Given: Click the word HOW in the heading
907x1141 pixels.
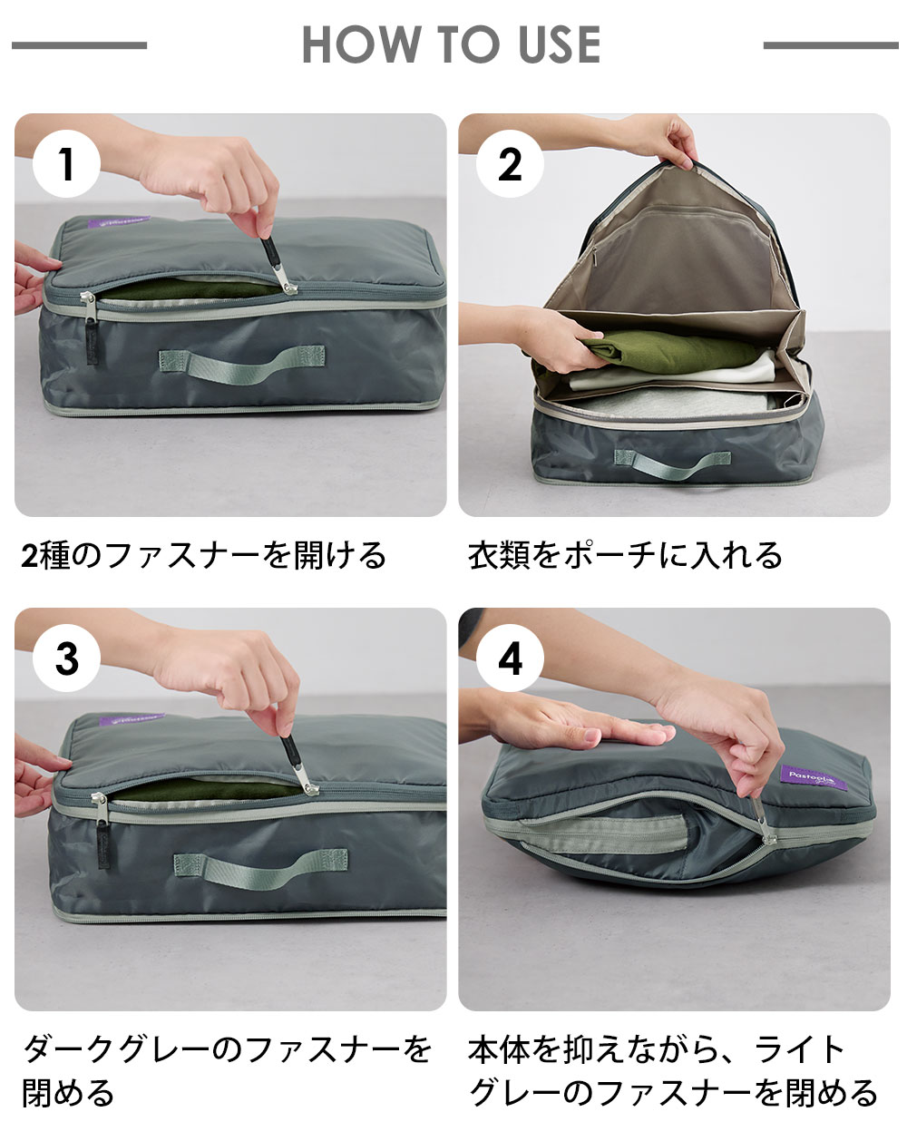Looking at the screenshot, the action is point(362,44).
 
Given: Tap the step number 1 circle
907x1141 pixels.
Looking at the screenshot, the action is point(66,164).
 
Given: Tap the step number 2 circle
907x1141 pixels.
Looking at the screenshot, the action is point(510,164).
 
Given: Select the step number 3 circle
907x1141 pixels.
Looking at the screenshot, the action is point(66,658).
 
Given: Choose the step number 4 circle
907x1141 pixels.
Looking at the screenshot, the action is point(510,658).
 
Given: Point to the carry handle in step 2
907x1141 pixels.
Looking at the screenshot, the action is point(672,463).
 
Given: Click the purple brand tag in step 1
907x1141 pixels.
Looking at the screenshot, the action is point(118,223).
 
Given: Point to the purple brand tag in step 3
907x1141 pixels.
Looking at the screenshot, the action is point(131,718).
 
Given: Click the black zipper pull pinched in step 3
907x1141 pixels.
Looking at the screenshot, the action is point(296,763).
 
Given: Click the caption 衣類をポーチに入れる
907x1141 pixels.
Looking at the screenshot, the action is point(625,556).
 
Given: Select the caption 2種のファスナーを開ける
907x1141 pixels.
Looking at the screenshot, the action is point(204,556).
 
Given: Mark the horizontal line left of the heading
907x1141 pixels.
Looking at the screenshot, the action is point(79,45).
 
